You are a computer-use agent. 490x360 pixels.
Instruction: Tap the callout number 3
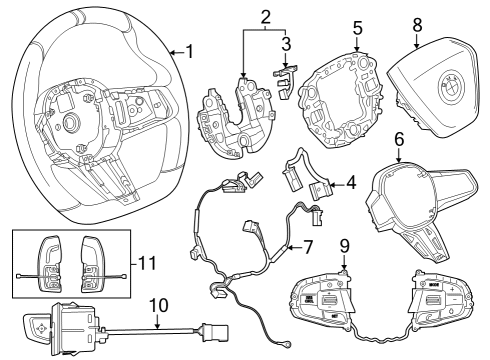[x=287, y=45]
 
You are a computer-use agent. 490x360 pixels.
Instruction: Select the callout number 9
[x=343, y=243]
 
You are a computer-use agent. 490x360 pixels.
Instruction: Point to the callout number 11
[x=148, y=264]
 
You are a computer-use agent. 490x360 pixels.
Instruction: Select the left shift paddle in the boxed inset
[x=51, y=263]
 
